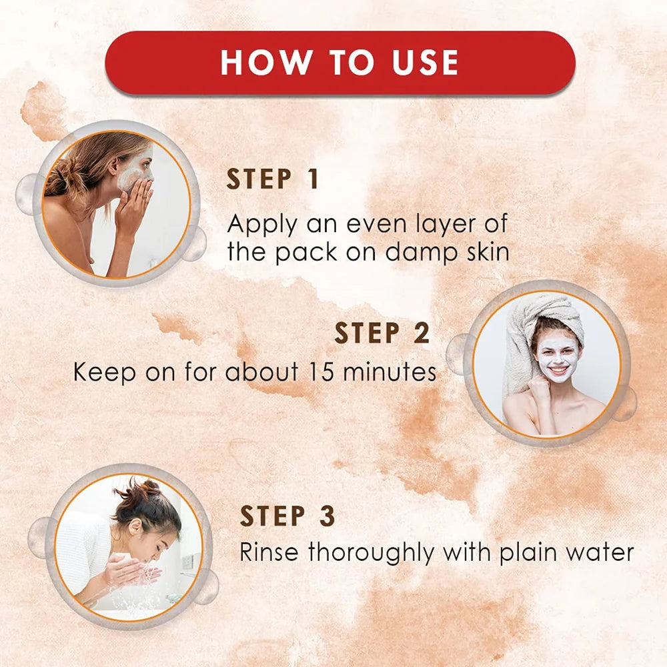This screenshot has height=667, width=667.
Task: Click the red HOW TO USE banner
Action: pos(340,63)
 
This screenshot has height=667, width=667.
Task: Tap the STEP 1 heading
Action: pos(273,180)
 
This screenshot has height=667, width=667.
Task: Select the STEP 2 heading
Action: pos(382,333)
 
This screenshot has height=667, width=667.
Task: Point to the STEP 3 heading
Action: pos(287,516)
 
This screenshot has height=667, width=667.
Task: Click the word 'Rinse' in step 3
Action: pos(271,553)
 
